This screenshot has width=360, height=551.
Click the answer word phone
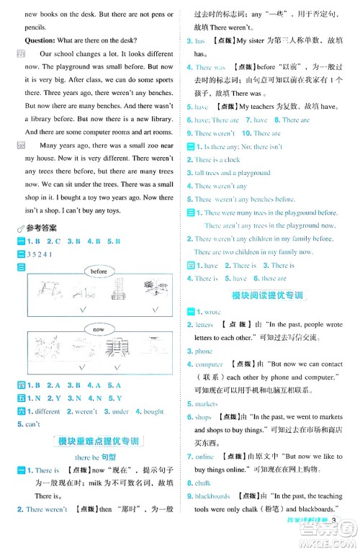point(204,351)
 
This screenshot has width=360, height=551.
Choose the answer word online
point(204,457)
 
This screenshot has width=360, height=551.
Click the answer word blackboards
point(212,496)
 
